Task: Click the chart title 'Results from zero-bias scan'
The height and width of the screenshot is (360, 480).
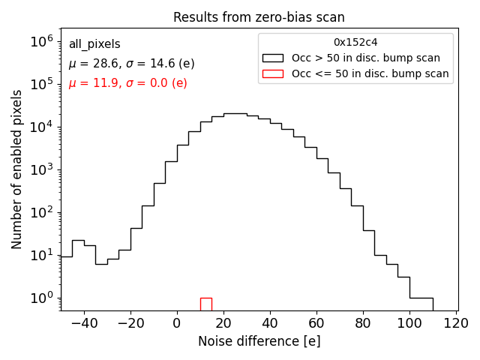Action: coord(259,17)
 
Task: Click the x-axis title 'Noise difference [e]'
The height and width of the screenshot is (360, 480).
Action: coord(259,341)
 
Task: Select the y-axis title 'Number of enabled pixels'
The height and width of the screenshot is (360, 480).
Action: coord(17,170)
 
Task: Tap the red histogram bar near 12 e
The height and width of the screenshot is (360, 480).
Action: coord(205,304)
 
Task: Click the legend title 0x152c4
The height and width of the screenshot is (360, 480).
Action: coord(355,43)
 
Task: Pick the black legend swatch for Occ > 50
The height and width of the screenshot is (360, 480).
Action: coord(272,58)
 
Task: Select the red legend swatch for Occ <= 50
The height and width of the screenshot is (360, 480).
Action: coord(272,73)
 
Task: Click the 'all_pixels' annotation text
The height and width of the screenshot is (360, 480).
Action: coord(94,44)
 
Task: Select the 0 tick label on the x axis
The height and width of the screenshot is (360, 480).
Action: coord(177,323)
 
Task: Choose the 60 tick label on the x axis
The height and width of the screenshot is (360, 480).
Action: coord(316,323)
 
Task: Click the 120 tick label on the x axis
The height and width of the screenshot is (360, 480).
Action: coord(456,323)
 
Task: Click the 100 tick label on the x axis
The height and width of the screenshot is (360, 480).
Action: coord(409,323)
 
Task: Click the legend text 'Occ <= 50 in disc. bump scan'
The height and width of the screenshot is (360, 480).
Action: coord(370,73)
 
